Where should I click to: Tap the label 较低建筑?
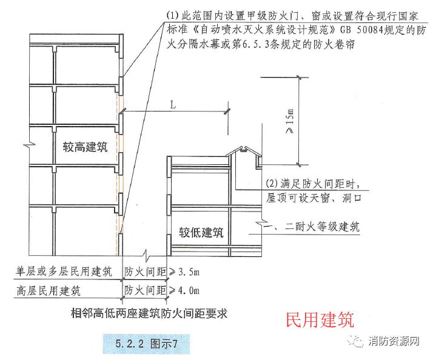point(201,232)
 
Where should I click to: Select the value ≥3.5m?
point(185,272)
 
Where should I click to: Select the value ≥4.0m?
point(185,290)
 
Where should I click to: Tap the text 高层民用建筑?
point(49,290)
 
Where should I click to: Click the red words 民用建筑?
point(319,319)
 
